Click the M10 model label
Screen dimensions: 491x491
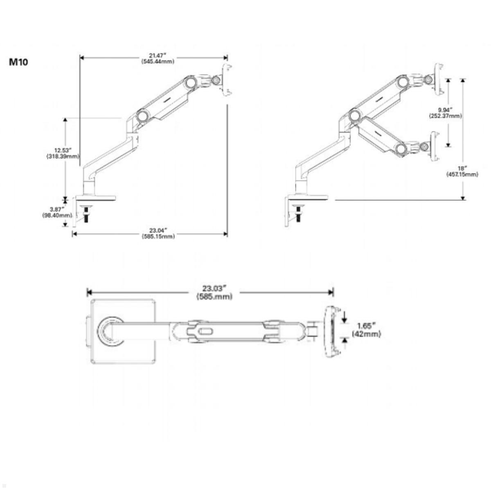(18, 63)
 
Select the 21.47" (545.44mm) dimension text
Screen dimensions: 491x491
(158, 59)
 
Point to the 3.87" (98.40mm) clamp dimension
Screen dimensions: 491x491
(54, 212)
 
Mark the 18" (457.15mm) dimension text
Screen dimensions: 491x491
(462, 171)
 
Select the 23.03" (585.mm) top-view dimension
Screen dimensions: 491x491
(214, 293)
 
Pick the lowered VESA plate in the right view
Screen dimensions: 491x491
(435, 146)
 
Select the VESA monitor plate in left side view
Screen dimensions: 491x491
(225, 80)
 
